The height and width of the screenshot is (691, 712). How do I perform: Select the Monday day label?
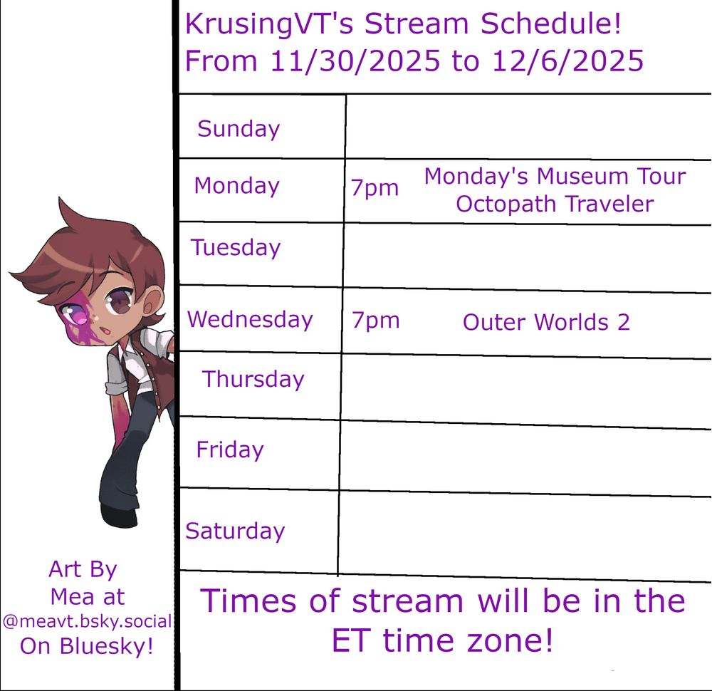point(236,187)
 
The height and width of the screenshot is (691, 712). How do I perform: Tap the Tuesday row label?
point(236,248)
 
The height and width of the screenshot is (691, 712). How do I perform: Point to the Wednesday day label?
point(250,319)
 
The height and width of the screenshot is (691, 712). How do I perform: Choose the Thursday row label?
point(253,380)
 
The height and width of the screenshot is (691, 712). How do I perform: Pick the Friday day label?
point(230,450)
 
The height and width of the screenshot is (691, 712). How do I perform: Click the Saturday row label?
point(235,531)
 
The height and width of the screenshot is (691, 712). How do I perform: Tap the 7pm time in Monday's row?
point(375,188)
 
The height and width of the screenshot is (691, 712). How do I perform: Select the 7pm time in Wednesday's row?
point(375,321)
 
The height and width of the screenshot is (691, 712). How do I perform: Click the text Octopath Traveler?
point(555,204)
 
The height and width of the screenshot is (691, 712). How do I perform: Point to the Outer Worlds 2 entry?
point(546,323)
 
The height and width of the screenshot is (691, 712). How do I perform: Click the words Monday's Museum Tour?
point(555,176)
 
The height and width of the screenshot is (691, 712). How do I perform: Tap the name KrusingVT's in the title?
point(269,24)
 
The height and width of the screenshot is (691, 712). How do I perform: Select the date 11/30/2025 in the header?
point(355,61)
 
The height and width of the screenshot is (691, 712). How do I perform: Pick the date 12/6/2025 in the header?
point(567,61)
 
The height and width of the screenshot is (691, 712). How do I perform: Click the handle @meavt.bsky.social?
point(87,621)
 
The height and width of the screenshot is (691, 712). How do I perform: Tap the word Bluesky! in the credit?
point(106,646)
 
